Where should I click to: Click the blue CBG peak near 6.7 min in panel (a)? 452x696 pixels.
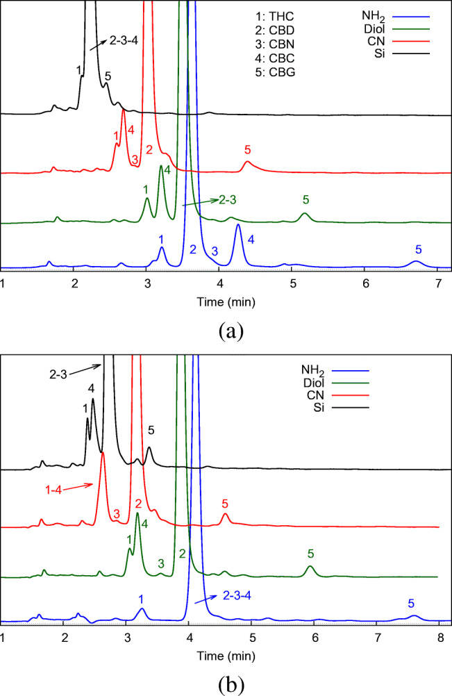pyautogui.click(x=415, y=262)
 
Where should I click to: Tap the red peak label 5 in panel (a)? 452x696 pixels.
pyautogui.click(x=248, y=149)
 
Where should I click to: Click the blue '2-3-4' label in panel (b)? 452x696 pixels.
pyautogui.click(x=240, y=595)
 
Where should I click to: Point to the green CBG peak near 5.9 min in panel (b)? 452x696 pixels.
pyautogui.click(x=310, y=567)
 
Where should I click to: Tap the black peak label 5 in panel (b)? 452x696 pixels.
pyautogui.click(x=151, y=431)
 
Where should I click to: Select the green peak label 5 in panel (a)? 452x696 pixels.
pyautogui.click(x=305, y=199)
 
